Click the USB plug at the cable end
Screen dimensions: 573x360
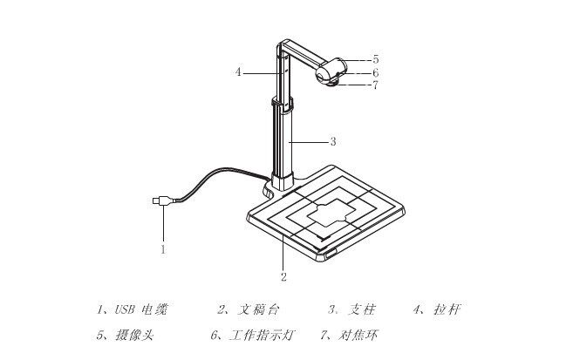162,200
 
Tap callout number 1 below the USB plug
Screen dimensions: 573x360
163,250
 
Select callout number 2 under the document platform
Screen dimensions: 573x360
283,277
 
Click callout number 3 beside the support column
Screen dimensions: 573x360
333,141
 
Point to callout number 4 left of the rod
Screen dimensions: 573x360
238,72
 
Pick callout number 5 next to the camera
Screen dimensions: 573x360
375,59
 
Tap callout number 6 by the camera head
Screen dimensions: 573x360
375,72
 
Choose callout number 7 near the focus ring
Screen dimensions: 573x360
375,85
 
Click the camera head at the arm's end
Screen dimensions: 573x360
331,71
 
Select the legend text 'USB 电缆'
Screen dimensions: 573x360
141,309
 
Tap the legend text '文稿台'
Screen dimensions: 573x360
258,309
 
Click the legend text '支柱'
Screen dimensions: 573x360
361,309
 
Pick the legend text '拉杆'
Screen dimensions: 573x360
447,309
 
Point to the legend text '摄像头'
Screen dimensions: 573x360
134,336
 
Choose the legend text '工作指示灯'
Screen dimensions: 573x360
262,336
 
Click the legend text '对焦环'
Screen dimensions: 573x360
358,336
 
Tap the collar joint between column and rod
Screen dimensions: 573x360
283,104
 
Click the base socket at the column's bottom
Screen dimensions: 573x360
282,181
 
